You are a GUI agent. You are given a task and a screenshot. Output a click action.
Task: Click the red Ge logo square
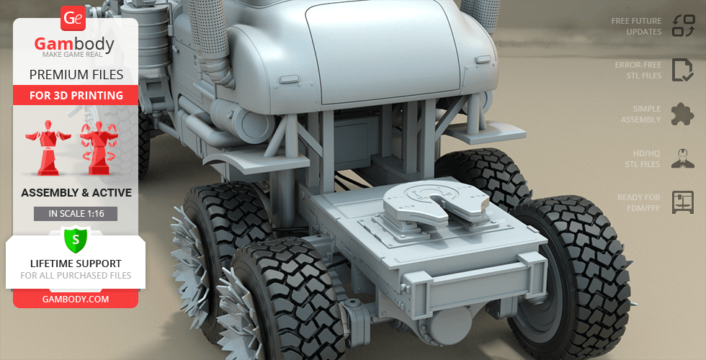point(73,18)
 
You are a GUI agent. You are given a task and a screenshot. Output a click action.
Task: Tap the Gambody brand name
point(74,45)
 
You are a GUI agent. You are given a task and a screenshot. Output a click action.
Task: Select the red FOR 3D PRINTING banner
point(76,95)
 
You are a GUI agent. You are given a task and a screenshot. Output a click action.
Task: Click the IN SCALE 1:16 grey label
point(76,214)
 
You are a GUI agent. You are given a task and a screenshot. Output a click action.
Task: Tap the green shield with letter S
point(75,240)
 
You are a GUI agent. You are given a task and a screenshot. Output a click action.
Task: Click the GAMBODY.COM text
point(76,300)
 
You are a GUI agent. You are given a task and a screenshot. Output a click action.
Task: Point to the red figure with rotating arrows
point(99,148)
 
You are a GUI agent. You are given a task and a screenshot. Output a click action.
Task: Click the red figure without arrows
point(48,148)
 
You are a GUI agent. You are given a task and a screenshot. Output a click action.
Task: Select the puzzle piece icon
point(683,114)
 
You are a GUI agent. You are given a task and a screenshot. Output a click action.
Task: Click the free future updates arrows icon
point(684,26)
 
